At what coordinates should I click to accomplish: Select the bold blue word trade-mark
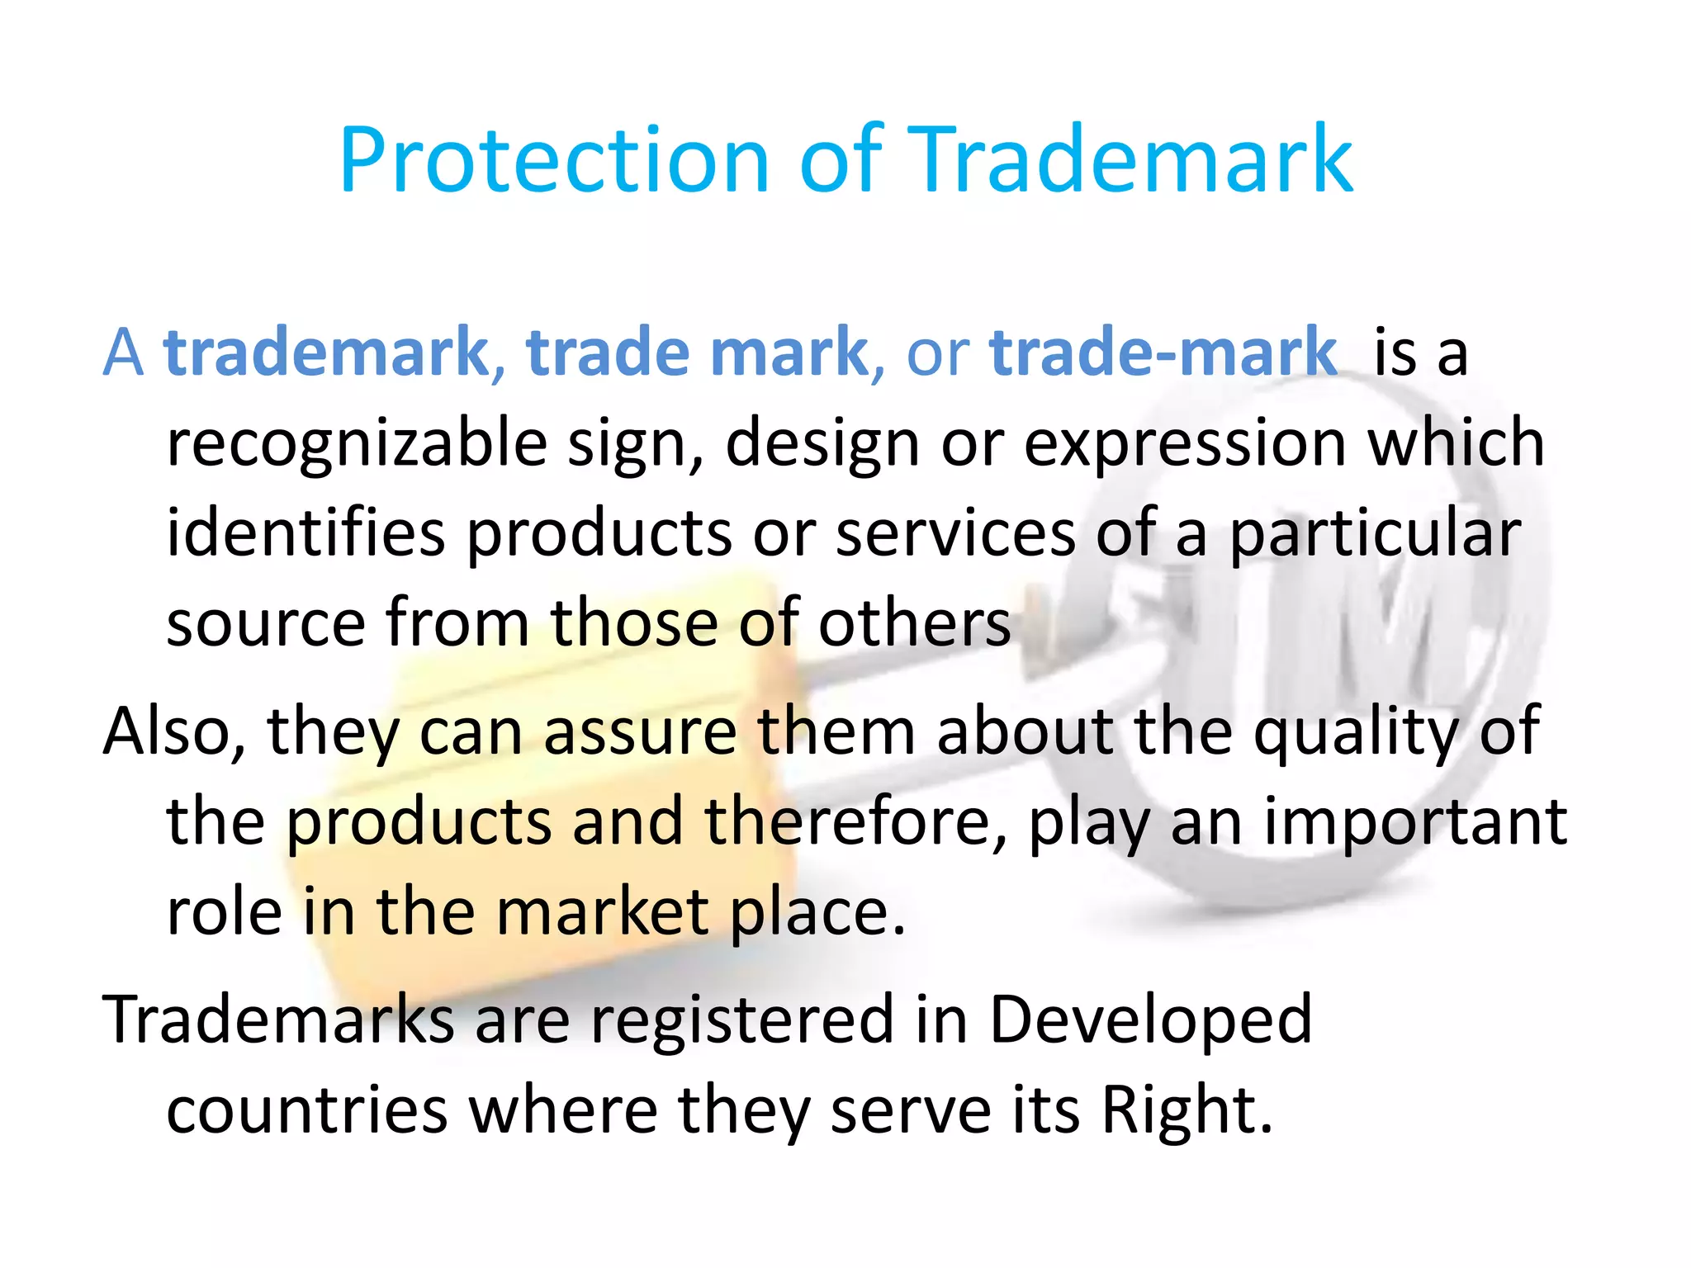(1163, 352)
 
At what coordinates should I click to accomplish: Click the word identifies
(306, 533)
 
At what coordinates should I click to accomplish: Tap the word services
(955, 533)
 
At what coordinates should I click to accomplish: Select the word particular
(1375, 535)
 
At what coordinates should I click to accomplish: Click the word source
(266, 623)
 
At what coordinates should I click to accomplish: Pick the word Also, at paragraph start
(174, 731)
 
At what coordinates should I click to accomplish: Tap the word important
(1415, 823)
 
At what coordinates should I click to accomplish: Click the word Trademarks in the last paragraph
(278, 1020)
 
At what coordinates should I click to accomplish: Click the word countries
(307, 1110)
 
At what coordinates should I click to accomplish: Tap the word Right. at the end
(1187, 1111)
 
